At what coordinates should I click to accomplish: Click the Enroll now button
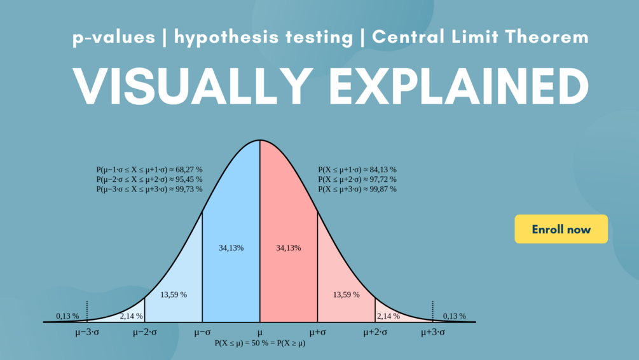point(561,229)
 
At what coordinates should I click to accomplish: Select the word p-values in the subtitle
point(114,37)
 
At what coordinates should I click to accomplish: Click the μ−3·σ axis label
point(86,332)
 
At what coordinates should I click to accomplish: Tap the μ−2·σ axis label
point(144,332)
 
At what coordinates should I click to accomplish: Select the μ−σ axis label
point(202,332)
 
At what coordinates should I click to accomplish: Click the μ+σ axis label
point(317,332)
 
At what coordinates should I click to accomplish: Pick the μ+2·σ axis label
point(374,332)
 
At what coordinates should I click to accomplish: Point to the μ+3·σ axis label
point(433,332)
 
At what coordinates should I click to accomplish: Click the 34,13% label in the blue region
point(231,248)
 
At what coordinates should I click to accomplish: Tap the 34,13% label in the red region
point(289,248)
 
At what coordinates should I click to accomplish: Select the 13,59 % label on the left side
point(174,294)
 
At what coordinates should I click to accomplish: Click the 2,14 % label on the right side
point(388,316)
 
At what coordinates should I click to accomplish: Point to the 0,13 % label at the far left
point(67,316)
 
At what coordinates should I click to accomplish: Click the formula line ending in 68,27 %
point(149,170)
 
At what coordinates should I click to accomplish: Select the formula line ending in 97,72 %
point(357,179)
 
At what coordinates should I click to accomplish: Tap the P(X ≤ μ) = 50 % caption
point(259,343)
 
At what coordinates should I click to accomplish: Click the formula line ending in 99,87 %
point(357,189)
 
